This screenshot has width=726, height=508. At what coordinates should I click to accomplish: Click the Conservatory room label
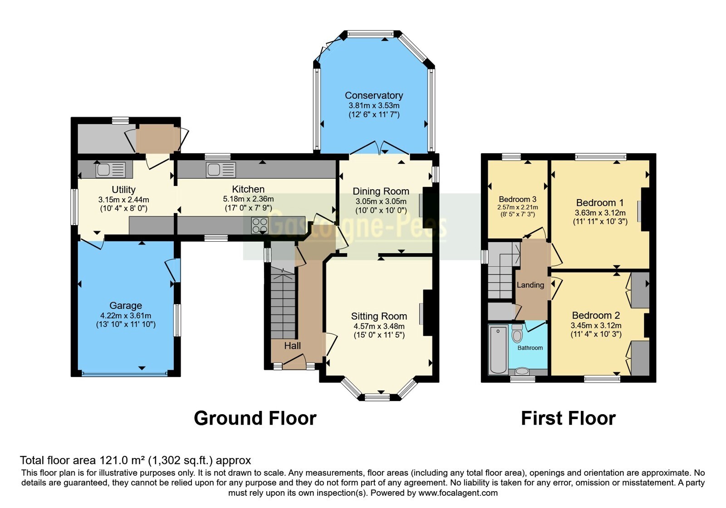click(374, 95)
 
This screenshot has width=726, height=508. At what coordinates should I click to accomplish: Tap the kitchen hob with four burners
click(260, 225)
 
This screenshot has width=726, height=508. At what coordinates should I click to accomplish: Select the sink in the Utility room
click(110, 170)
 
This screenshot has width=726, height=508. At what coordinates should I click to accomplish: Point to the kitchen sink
click(221, 170)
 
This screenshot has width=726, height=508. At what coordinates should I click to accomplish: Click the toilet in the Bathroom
click(517, 333)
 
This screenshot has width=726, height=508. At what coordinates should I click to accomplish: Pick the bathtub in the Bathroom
click(498, 350)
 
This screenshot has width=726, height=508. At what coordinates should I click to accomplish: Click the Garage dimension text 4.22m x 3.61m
click(126, 315)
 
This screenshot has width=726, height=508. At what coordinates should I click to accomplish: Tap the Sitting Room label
click(379, 316)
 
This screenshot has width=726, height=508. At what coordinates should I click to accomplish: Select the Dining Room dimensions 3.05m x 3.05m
click(381, 201)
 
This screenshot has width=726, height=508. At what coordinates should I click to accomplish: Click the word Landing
click(530, 285)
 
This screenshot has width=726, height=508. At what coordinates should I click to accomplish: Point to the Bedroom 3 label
click(518, 199)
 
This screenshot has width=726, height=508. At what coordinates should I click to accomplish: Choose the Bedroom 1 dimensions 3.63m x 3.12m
click(600, 213)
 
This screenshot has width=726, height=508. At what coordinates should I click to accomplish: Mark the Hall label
click(292, 346)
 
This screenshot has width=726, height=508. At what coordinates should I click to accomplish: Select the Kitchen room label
click(248, 189)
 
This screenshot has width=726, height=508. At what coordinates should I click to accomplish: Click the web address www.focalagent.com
click(458, 493)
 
